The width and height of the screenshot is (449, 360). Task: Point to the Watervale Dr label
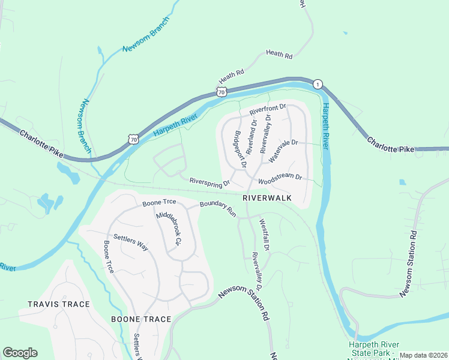pos(283,151)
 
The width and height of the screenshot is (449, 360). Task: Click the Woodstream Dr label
pos(280,178)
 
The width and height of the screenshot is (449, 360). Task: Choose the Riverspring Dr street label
pos(209,181)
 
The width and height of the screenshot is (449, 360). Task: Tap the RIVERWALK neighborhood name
pos(267,197)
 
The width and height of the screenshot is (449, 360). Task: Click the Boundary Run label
pos(218,208)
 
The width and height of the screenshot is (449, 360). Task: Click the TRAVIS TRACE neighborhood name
pos(58,304)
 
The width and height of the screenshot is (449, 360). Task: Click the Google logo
pos(20,353)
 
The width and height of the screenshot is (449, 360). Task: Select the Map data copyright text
pos(423,355)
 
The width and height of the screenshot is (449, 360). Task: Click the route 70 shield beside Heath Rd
pos(221,92)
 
